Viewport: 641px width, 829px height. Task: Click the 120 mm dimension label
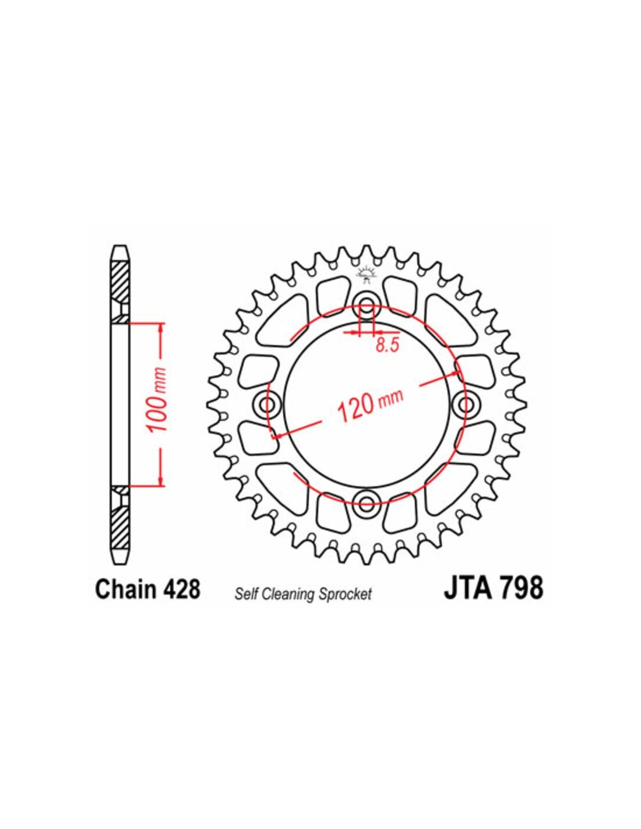tap(370, 406)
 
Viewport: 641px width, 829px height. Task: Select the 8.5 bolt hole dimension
tap(387, 345)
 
